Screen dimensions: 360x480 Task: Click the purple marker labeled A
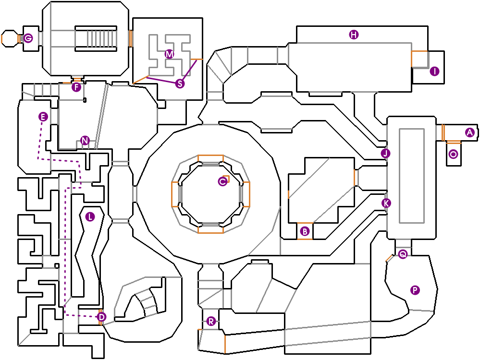(x=469, y=132)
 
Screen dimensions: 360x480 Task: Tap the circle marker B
(x=304, y=231)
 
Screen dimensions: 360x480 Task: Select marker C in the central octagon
(x=222, y=181)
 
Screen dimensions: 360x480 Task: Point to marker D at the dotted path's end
(x=101, y=317)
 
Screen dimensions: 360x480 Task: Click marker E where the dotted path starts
(x=43, y=117)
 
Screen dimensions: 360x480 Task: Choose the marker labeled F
(x=76, y=87)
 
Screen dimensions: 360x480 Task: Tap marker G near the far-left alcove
(x=28, y=38)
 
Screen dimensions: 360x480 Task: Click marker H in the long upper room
(x=354, y=35)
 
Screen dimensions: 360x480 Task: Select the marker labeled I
(x=434, y=72)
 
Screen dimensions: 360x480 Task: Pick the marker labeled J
(x=385, y=154)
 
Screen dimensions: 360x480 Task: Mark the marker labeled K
(x=386, y=203)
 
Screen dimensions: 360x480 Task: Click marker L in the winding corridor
(x=90, y=216)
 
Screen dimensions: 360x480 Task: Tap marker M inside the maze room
(x=169, y=54)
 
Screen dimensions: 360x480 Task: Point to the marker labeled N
(x=85, y=141)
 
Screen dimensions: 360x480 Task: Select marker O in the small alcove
(x=453, y=154)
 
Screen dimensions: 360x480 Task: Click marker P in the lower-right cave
(x=415, y=289)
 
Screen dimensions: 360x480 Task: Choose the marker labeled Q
(x=403, y=254)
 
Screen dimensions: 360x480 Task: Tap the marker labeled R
(x=210, y=321)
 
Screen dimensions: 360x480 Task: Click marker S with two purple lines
(x=180, y=84)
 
